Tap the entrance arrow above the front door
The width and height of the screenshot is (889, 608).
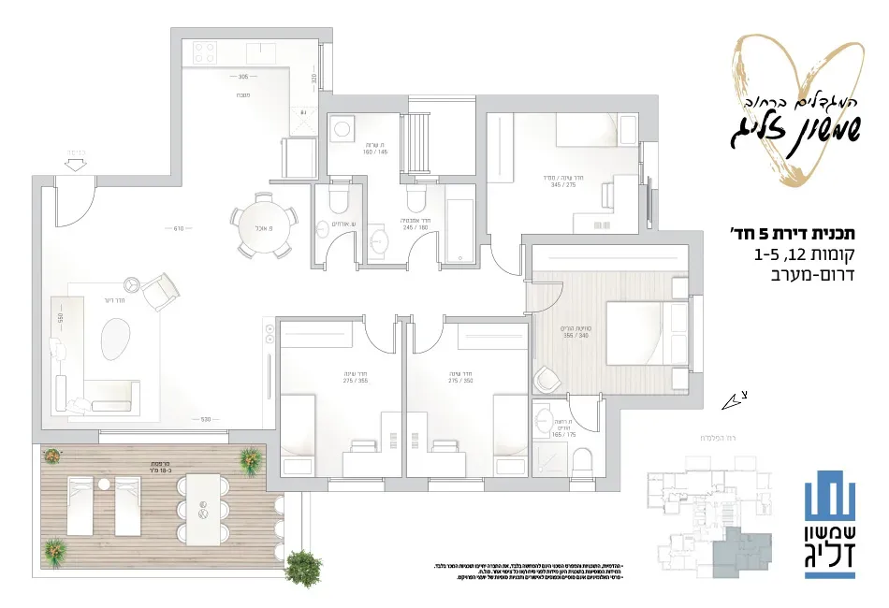point(76,166)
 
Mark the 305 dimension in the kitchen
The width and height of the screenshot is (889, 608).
point(242,77)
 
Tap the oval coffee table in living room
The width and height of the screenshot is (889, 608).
point(115,338)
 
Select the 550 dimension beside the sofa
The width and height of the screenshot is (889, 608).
point(60,317)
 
